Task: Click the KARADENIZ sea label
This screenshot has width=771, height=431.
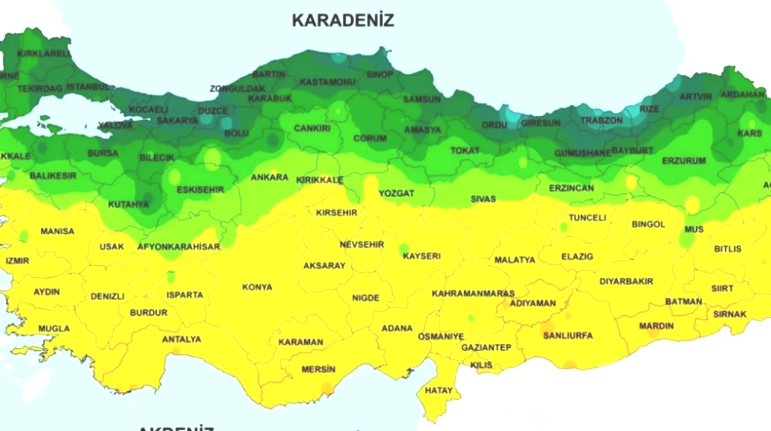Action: coord(343,20)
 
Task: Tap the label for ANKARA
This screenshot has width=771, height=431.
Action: coord(269,177)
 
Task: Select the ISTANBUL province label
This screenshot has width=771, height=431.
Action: coord(89,87)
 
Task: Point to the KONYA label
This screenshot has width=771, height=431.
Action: coord(257,287)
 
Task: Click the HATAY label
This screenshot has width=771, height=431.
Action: coord(439,391)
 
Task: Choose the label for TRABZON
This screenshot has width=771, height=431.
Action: coord(601,121)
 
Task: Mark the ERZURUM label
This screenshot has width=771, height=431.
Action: coord(684,161)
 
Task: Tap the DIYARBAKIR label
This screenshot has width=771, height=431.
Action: coord(626,281)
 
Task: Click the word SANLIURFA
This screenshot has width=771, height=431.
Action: coord(567,335)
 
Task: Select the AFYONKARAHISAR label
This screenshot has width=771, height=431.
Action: coord(178,247)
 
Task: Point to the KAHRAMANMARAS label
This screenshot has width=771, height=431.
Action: coord(473,294)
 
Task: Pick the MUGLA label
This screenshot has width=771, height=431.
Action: coord(54,329)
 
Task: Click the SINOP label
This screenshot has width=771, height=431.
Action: coord(379,74)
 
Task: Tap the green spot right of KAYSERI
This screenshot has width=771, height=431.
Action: coord(404,248)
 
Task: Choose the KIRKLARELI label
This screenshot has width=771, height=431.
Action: coord(44,53)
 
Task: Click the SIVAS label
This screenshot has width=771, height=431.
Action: coord(483,198)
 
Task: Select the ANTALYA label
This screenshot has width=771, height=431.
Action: coord(181,339)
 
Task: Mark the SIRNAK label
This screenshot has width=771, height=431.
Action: coord(729,314)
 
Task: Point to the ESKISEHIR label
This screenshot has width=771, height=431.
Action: coord(200,190)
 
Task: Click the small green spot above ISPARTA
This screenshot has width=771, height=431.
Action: coord(171,277)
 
